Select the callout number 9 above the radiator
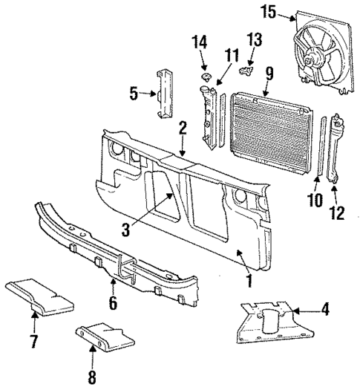click(269, 73)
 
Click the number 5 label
click(134, 94)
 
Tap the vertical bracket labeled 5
click(164, 93)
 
